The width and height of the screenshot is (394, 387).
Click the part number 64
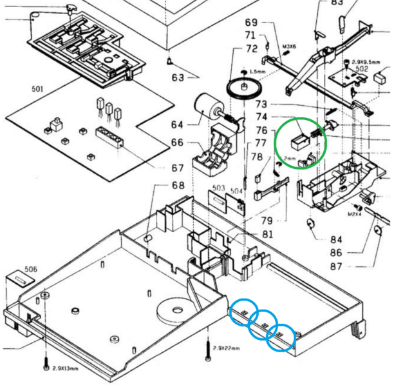[176, 124]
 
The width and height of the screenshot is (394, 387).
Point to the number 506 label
[30, 268]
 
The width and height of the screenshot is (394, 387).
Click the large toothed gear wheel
[243, 88]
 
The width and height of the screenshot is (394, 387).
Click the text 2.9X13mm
[66, 368]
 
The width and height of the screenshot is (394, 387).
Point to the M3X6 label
[289, 47]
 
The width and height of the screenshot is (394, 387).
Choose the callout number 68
[178, 186]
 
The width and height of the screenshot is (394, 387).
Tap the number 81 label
[267, 234]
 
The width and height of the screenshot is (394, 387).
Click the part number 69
[251, 23]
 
